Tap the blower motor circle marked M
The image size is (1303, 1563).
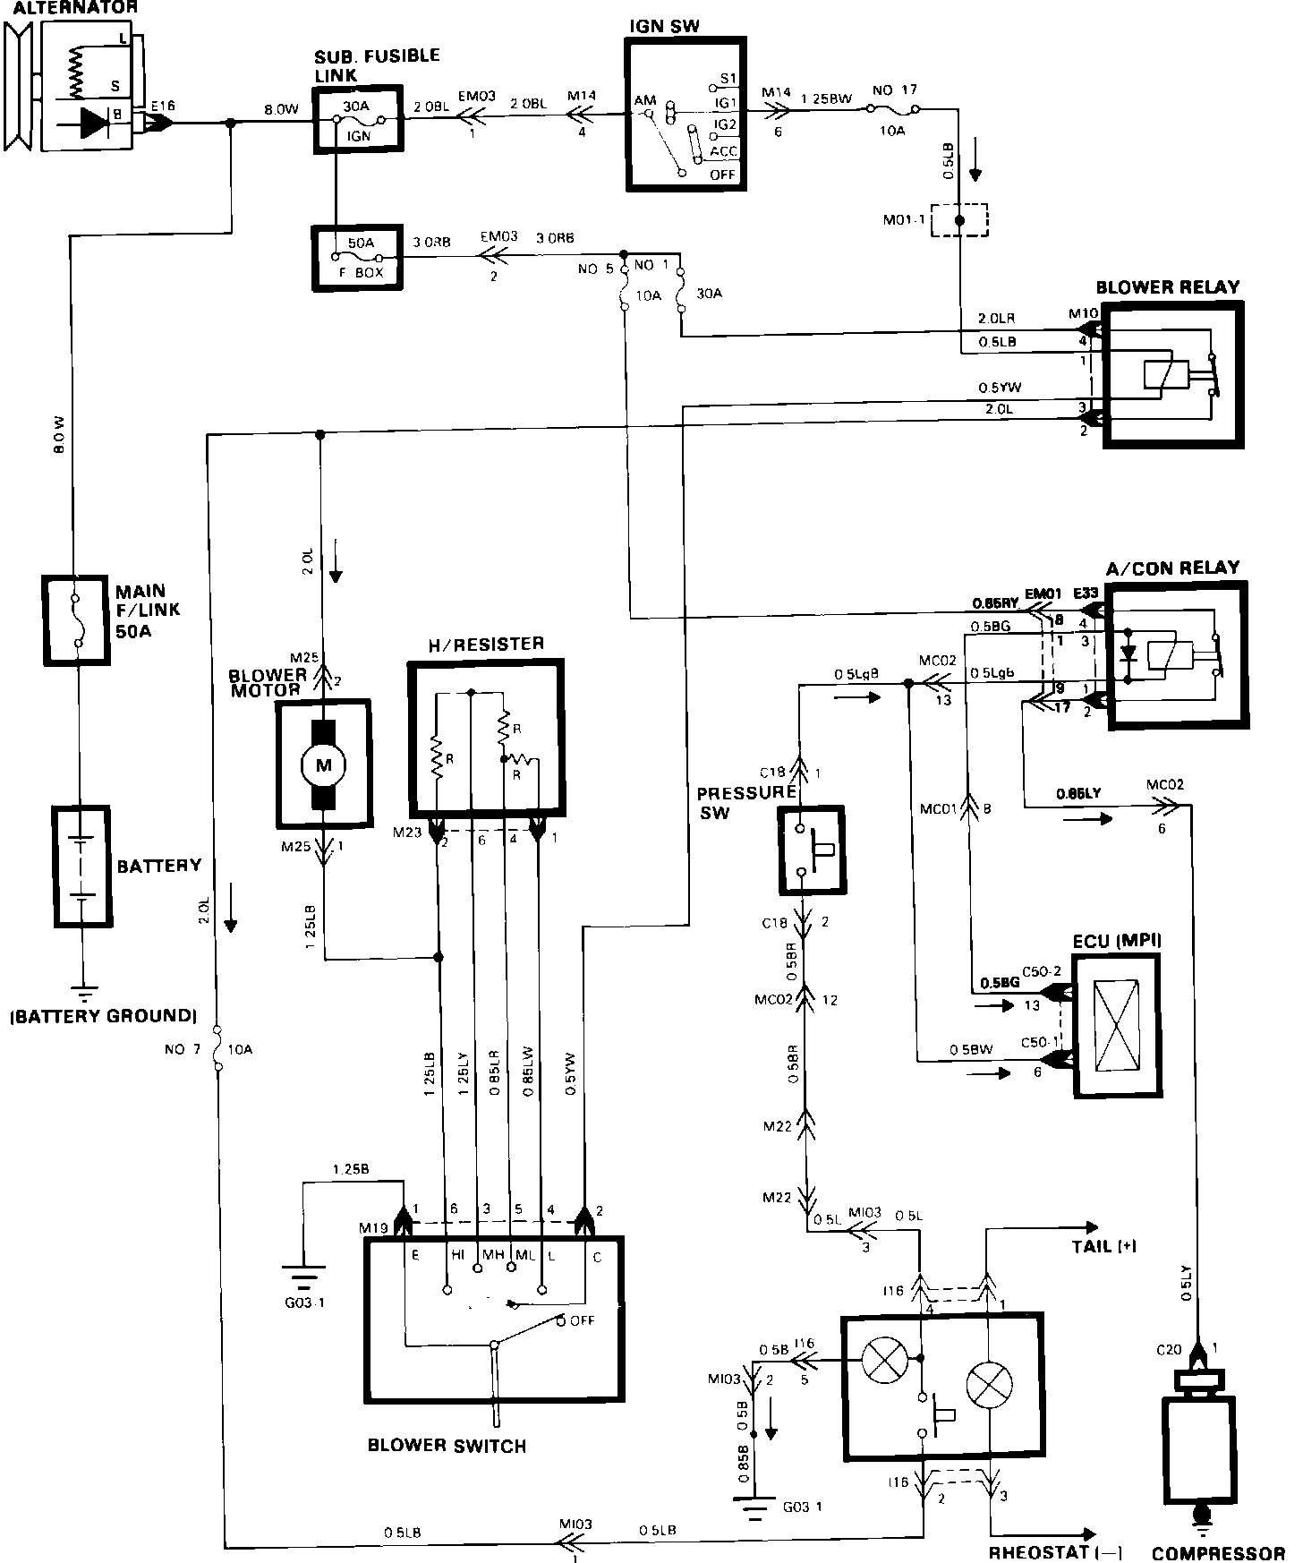[323, 764]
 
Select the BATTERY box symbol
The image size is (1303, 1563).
[82, 867]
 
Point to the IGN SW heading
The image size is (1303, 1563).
[664, 26]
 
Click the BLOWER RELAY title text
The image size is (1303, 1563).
[1168, 287]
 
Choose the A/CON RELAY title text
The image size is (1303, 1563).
[1172, 568]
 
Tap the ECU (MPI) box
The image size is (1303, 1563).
[1118, 1025]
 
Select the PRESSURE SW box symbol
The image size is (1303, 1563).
[812, 850]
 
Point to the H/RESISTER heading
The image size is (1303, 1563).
[488, 644]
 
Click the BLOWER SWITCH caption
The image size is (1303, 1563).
[447, 1446]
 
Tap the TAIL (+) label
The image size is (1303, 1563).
[1103, 1245]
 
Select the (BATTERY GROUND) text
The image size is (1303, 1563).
[103, 1015]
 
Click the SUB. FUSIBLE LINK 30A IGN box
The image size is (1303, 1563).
[358, 120]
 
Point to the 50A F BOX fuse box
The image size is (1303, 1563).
[357, 258]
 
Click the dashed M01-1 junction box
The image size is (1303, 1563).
[958, 220]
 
